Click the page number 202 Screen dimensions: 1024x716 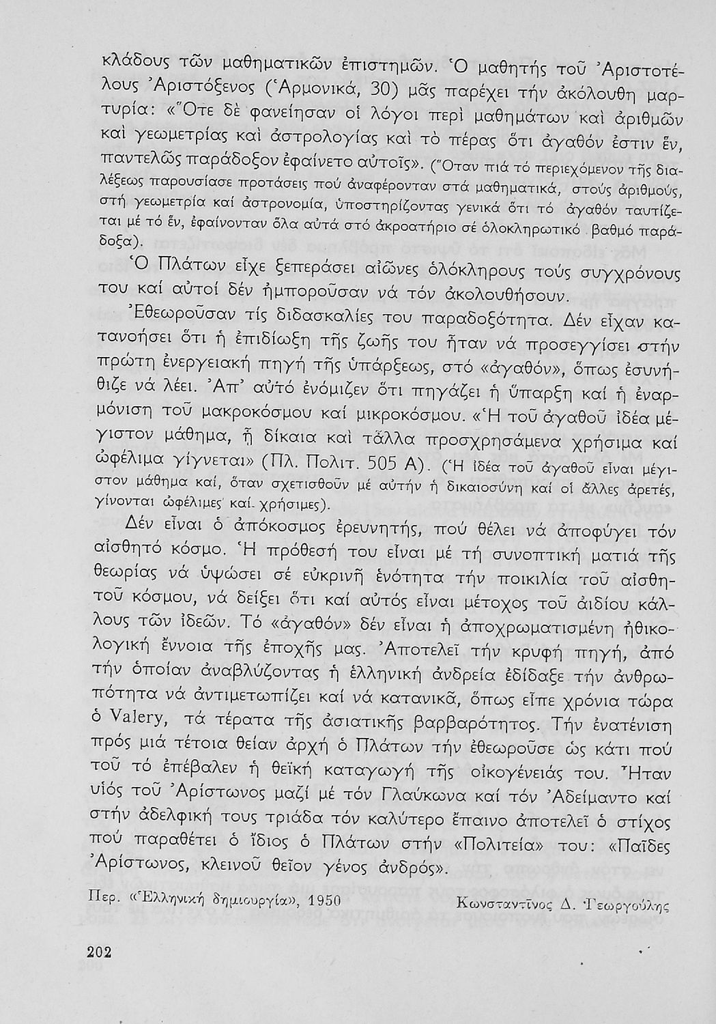tap(100, 954)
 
